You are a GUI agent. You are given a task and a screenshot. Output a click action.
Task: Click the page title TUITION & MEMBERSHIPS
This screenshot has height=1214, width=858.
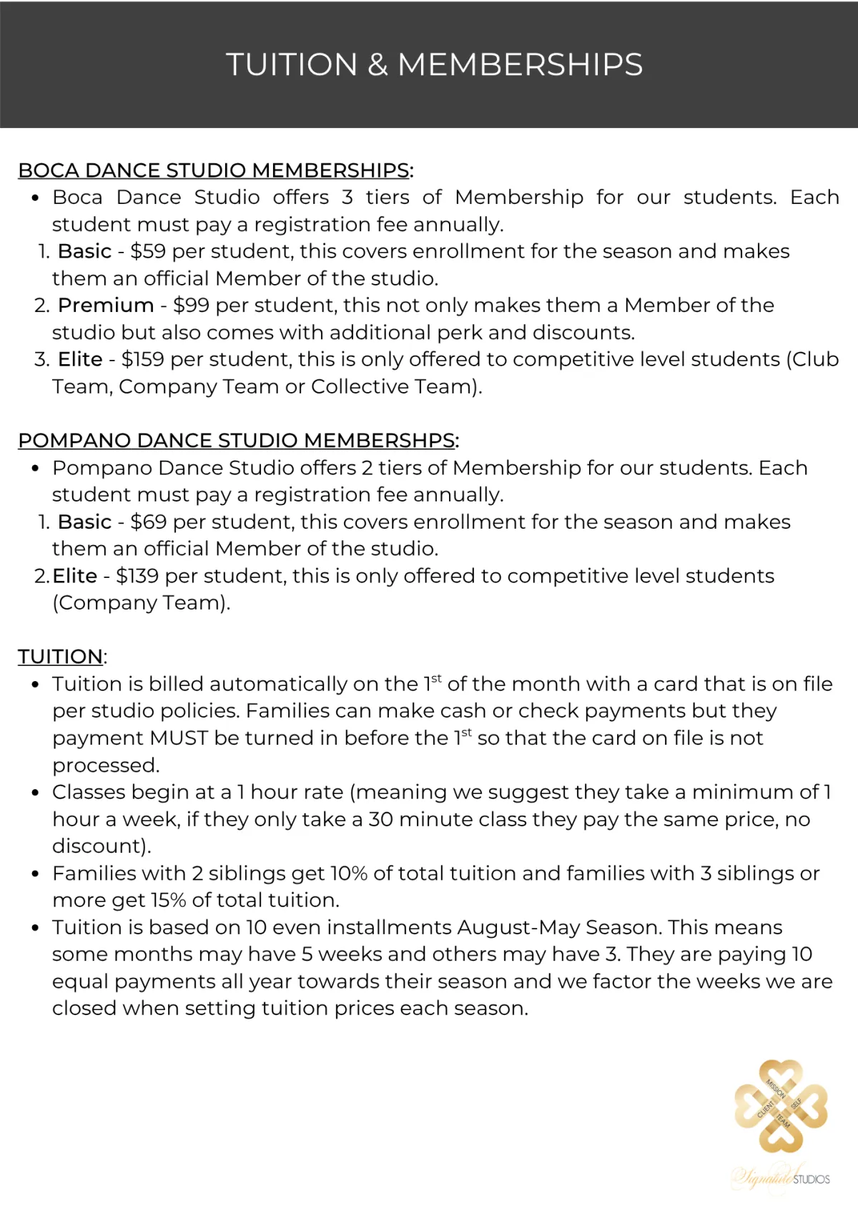click(434, 64)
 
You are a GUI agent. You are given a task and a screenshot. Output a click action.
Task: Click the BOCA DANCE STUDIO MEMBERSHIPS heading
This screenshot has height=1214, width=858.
click(214, 170)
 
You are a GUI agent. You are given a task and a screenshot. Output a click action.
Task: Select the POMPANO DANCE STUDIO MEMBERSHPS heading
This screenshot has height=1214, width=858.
click(237, 441)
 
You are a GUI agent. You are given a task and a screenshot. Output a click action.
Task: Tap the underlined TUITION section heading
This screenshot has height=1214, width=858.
click(60, 657)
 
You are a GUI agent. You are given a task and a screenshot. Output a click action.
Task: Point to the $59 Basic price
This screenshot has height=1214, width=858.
click(148, 252)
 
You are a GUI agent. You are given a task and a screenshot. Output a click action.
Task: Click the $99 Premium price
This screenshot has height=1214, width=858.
click(191, 305)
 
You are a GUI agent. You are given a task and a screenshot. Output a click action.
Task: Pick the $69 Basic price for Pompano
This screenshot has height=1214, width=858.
click(149, 522)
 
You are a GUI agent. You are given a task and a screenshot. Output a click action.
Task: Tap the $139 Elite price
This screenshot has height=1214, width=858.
click(137, 576)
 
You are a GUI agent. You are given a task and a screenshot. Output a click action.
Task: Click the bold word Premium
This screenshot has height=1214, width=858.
click(106, 305)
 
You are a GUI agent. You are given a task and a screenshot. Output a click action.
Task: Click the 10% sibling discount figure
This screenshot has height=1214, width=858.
click(348, 873)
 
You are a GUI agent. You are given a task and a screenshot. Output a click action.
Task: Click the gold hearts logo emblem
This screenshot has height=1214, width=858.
click(781, 1106)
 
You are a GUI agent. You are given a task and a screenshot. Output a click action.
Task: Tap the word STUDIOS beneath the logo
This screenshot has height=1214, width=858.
click(812, 1179)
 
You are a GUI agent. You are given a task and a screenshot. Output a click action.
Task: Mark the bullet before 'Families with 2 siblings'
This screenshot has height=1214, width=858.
click(35, 874)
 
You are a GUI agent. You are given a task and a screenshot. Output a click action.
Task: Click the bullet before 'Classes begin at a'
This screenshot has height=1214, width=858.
click(35, 793)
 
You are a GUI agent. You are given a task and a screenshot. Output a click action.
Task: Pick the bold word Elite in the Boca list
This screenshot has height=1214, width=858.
click(80, 360)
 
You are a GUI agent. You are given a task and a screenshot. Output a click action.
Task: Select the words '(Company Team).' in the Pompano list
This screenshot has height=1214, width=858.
click(141, 603)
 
